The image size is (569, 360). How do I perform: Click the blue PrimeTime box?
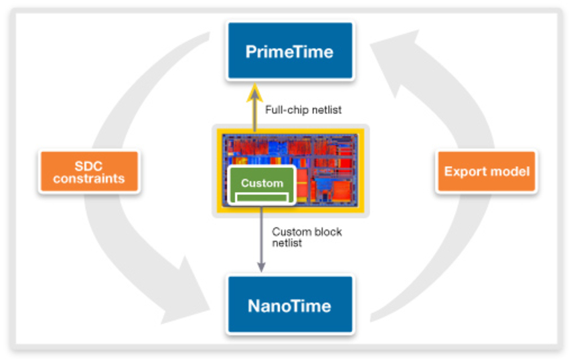[x=289, y=52]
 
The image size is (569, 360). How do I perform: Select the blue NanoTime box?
[x=289, y=305]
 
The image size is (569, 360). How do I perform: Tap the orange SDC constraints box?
[x=89, y=172]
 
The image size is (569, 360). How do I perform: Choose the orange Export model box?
[x=486, y=171]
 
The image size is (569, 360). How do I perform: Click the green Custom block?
[x=262, y=185]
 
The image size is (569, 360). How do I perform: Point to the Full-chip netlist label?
[x=303, y=110]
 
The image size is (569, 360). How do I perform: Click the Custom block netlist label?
[x=307, y=237]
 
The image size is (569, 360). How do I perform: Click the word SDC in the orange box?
[x=89, y=165]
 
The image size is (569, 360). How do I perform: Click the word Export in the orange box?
[x=464, y=171]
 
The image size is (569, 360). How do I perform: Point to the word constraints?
[x=89, y=179]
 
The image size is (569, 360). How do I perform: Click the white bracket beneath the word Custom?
[x=262, y=197]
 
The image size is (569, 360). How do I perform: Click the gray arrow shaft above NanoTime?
[x=260, y=234]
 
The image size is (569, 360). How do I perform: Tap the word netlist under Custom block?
[x=287, y=243]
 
